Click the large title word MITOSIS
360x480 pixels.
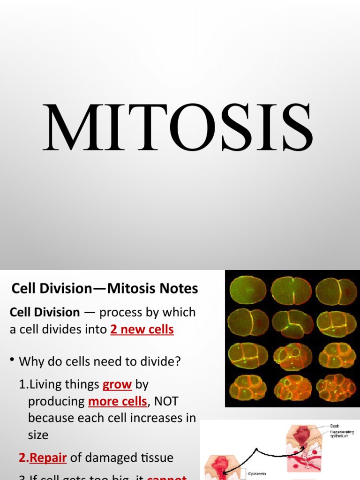(178, 127)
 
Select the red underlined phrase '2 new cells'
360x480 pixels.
(142, 330)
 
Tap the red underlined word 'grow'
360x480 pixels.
(117, 385)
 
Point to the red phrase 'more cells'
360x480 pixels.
(118, 401)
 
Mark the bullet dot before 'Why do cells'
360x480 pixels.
(12, 361)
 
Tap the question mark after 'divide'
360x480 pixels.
(178, 361)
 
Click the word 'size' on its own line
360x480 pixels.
(38, 435)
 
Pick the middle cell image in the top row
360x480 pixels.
(291, 291)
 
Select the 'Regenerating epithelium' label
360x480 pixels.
(341, 434)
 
